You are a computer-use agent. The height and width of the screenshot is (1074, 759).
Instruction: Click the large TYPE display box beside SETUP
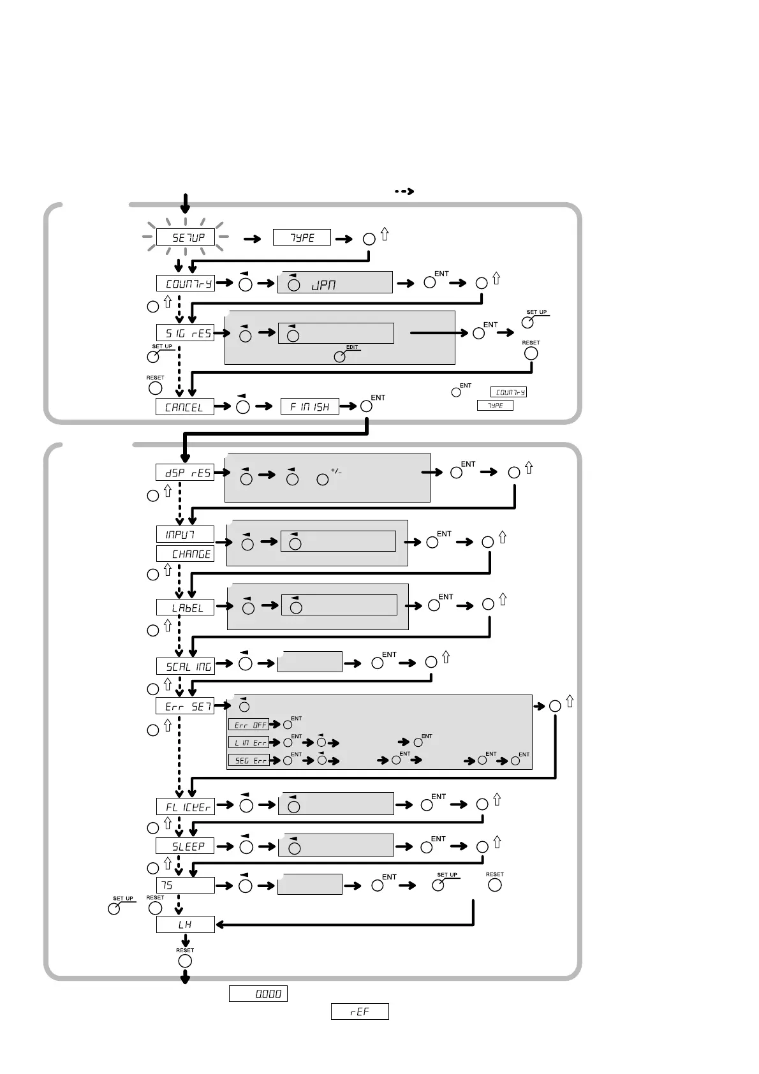(x=302, y=237)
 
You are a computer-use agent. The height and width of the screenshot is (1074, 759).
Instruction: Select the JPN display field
(x=334, y=283)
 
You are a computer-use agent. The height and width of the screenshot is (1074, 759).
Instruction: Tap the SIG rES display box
(x=185, y=332)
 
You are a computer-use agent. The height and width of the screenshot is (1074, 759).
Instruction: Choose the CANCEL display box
(x=185, y=406)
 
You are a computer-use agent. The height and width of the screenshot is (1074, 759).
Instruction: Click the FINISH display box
(x=310, y=406)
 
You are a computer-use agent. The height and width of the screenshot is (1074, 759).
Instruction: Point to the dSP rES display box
(x=185, y=473)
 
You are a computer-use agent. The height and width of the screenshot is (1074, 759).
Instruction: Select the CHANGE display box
(x=185, y=554)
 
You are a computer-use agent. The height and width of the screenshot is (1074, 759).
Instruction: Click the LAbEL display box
(x=185, y=607)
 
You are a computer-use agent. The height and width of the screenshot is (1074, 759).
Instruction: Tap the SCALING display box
(x=185, y=666)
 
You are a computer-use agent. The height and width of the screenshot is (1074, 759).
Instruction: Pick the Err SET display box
(x=185, y=706)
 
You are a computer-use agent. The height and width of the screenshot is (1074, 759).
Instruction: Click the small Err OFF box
(x=249, y=725)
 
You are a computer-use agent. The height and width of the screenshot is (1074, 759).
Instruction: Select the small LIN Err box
(x=249, y=742)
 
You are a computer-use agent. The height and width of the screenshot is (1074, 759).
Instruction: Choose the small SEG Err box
(x=249, y=760)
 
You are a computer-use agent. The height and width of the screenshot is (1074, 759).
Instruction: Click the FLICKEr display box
(x=185, y=806)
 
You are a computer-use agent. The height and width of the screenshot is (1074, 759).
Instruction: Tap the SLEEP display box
(x=185, y=846)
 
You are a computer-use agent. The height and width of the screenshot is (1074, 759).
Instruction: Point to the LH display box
(x=185, y=924)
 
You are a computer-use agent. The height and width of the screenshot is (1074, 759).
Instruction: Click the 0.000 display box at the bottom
(x=258, y=994)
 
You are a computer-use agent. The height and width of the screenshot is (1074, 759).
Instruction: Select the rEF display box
(x=360, y=1011)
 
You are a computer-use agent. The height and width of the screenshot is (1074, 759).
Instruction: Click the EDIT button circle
(x=340, y=357)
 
